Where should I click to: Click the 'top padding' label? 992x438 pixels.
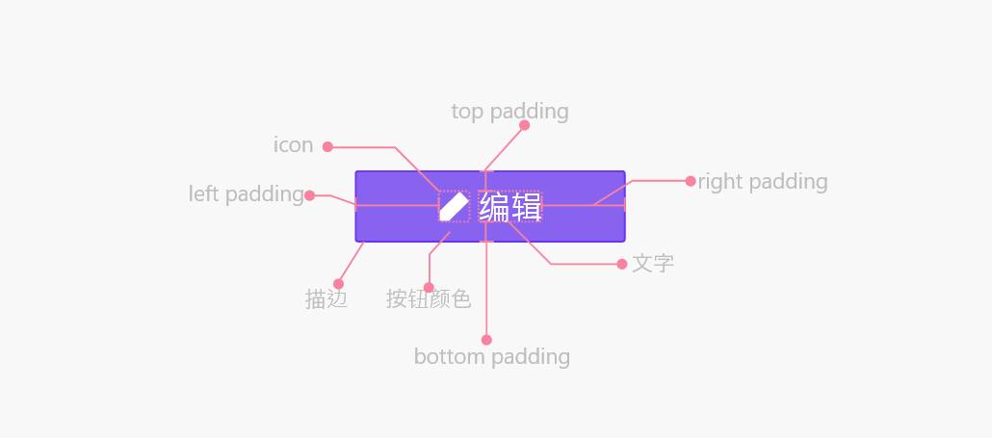click(x=509, y=112)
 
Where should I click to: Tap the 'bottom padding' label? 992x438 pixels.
click(x=492, y=357)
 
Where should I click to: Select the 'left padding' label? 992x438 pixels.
click(x=247, y=194)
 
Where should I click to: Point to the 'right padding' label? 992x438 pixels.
click(x=763, y=182)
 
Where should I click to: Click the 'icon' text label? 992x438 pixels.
click(x=294, y=145)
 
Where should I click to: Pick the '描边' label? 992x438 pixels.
click(x=326, y=299)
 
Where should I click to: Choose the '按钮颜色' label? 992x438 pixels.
click(x=429, y=299)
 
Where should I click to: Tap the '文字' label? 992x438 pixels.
click(x=653, y=264)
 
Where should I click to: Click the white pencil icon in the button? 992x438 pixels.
click(x=455, y=207)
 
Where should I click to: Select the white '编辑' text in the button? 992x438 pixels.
click(x=509, y=207)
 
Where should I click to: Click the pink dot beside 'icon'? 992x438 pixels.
click(x=327, y=146)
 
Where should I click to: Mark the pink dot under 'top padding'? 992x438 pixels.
click(x=525, y=125)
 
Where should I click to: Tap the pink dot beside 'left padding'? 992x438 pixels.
click(x=309, y=195)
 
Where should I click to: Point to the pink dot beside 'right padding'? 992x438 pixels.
click(x=691, y=181)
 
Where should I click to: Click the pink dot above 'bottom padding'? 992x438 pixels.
click(x=486, y=340)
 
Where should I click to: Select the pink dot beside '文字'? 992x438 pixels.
click(x=622, y=264)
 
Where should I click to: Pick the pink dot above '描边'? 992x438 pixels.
click(x=338, y=284)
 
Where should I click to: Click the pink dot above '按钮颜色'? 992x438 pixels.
click(x=429, y=288)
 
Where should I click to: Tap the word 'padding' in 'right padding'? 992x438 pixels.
click(x=788, y=183)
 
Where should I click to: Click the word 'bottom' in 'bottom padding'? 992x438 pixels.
click(x=451, y=356)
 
